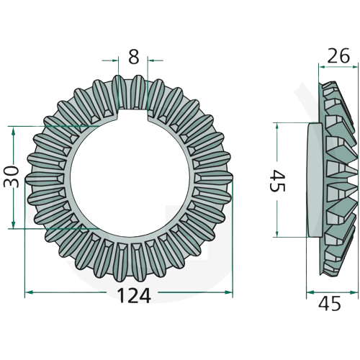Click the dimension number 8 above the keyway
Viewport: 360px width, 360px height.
click(133, 58)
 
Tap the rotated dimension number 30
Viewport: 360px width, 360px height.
click(11, 177)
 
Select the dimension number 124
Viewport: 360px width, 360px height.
click(134, 296)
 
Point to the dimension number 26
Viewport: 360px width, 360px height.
click(338, 55)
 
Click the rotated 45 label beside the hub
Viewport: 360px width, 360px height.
click(277, 181)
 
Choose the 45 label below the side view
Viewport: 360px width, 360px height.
click(329, 304)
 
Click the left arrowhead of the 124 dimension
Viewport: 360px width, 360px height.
click(29, 292)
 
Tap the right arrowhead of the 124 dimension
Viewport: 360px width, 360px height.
click(229, 292)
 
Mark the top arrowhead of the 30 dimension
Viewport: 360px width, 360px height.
click(14, 130)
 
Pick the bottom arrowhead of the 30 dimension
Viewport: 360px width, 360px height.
click(14, 225)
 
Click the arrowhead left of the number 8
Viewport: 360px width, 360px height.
click(115, 60)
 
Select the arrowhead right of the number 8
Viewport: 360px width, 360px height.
click(151, 60)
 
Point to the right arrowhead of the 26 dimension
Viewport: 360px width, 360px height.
click(354, 67)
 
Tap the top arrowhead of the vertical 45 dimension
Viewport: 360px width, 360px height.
click(277, 127)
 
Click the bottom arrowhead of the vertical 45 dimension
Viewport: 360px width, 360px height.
click(277, 233)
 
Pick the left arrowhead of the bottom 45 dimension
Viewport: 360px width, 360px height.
click(310, 292)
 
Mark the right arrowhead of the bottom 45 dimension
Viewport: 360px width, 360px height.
click(354, 292)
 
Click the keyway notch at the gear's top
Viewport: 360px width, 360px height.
click(133, 114)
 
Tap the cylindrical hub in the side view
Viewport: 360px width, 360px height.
click(315, 179)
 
